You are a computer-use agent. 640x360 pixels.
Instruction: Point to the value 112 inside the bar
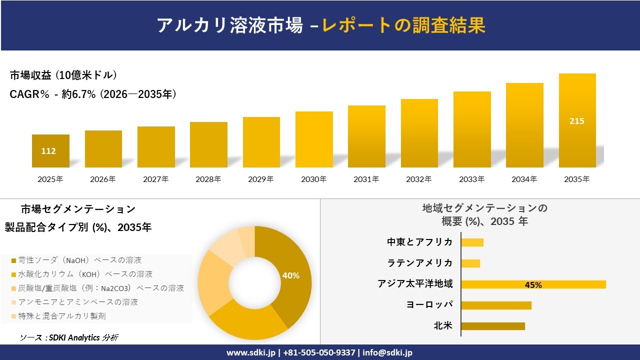pos(48,151)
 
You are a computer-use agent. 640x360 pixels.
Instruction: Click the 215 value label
pos(576,121)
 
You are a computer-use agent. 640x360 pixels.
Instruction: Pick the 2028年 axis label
pos(208,179)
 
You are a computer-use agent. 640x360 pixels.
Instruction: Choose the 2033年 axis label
pos(472,179)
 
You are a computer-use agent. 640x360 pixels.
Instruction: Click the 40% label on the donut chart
pos(290,275)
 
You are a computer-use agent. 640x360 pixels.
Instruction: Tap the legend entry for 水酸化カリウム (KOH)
pos(85,274)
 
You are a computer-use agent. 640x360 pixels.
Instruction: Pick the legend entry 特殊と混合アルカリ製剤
pos(62,316)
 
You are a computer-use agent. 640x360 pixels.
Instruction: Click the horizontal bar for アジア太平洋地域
pos(533,284)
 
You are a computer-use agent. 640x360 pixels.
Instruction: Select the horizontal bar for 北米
pos(492,326)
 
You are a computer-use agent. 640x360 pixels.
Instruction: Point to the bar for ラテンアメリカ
pos(470,263)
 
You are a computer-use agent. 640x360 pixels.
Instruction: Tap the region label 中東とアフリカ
pos(420,242)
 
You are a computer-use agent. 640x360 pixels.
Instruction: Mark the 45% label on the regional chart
pos(533,285)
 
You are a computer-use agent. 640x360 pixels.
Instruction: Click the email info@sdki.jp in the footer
pos(387,352)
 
